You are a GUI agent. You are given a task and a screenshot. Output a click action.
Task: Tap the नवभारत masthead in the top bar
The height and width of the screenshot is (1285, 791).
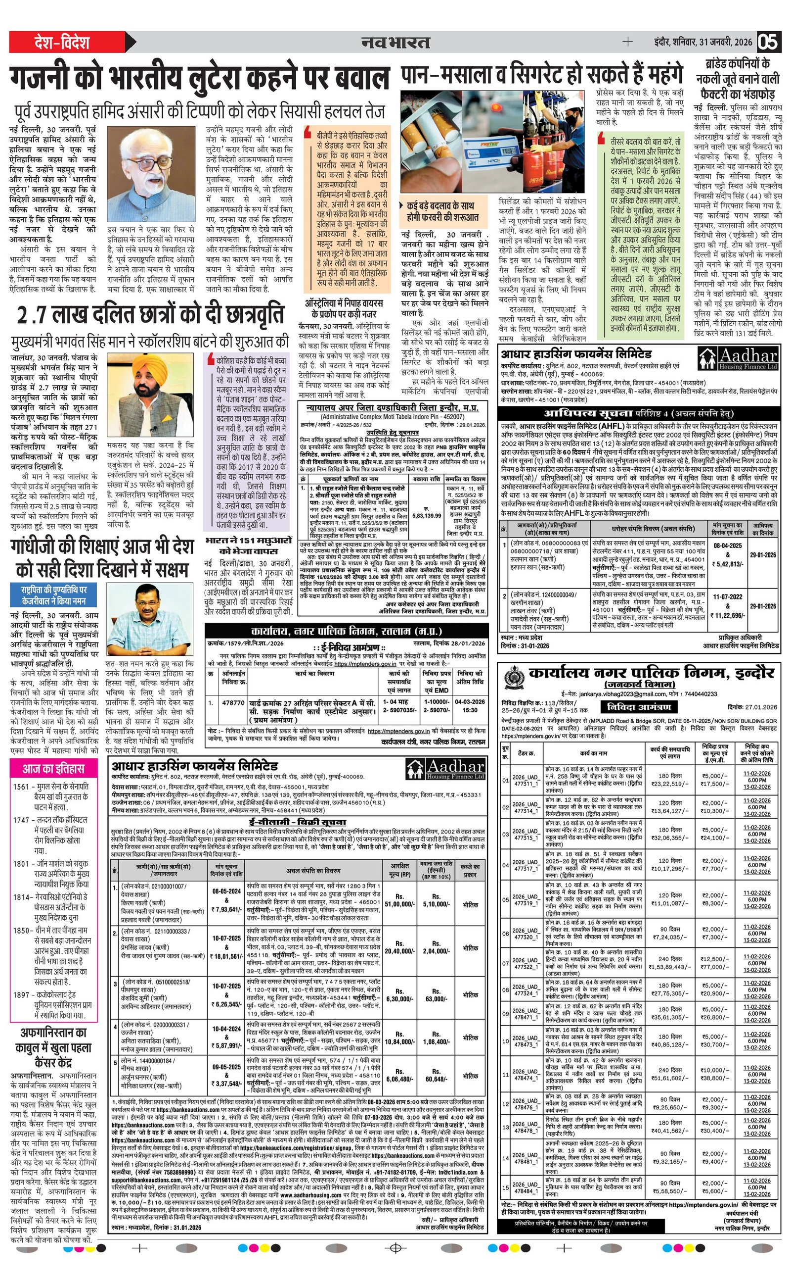395,43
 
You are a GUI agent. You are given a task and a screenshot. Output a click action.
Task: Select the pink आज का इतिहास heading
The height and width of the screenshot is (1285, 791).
53,769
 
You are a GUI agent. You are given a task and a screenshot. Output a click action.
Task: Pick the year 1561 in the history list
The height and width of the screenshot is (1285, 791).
21,787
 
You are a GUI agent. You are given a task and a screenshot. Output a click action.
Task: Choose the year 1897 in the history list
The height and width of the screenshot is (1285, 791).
21,980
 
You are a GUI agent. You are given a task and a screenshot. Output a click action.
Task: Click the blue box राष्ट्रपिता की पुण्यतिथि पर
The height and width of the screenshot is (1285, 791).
54,592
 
